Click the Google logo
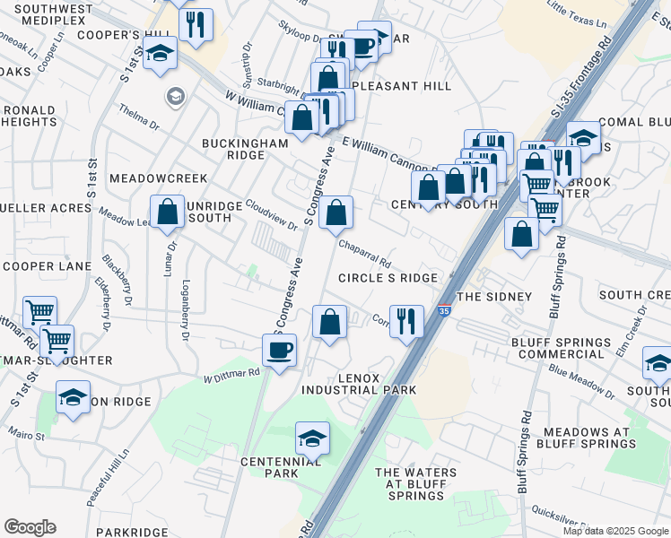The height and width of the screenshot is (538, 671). [30, 527]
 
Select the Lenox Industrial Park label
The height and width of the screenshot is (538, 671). [359, 384]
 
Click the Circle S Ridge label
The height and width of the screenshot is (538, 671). [388, 278]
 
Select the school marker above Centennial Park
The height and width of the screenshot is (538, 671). [312, 438]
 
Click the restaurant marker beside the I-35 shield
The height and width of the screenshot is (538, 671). [408, 320]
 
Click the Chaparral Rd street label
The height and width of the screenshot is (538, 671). [365, 254]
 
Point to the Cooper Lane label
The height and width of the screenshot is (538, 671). [47, 266]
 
